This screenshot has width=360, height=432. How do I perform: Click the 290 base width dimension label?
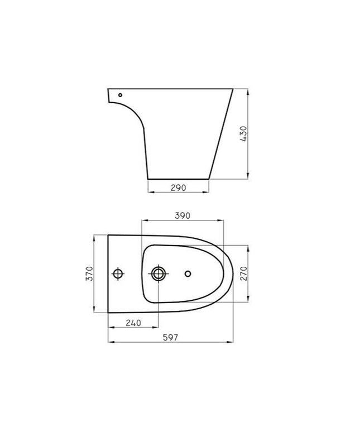(178, 188)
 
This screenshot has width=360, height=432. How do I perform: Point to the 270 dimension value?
(243, 273)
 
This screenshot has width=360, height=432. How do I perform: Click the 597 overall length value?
(171, 337)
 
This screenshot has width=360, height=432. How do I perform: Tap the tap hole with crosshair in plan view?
(118, 273)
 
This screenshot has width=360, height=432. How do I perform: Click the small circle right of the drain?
(188, 273)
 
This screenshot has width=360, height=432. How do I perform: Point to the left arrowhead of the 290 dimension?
(150, 192)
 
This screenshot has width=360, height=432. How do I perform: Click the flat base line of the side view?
(178, 179)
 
